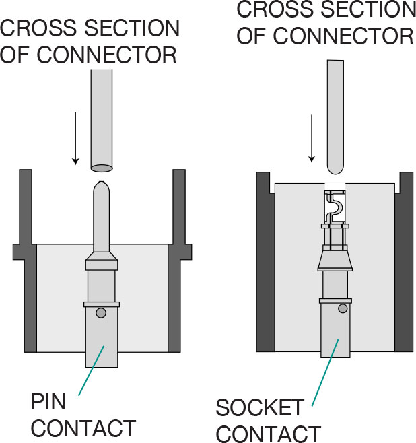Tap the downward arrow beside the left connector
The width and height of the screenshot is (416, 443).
76,139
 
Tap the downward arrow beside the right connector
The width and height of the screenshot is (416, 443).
312,138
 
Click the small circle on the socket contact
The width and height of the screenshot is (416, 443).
343,308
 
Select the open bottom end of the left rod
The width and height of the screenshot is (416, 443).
101,167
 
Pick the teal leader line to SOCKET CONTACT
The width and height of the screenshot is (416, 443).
321,381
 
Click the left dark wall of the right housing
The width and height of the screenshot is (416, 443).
265,263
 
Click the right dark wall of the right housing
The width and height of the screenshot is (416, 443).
404,263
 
